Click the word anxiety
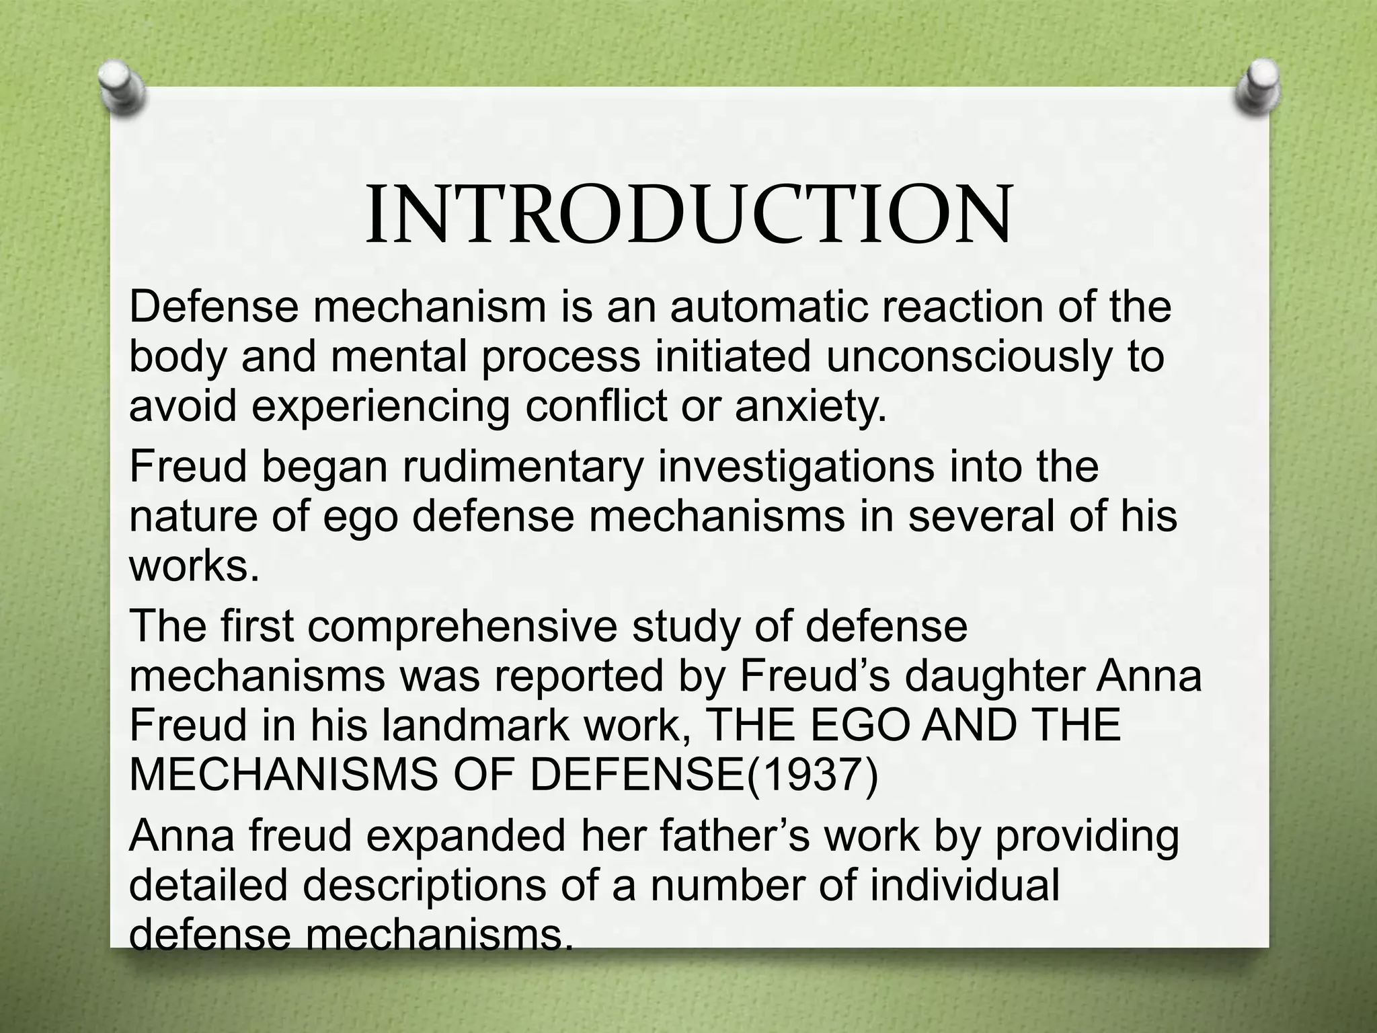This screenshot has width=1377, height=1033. pos(810,406)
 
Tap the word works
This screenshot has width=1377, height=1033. pos(194,566)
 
